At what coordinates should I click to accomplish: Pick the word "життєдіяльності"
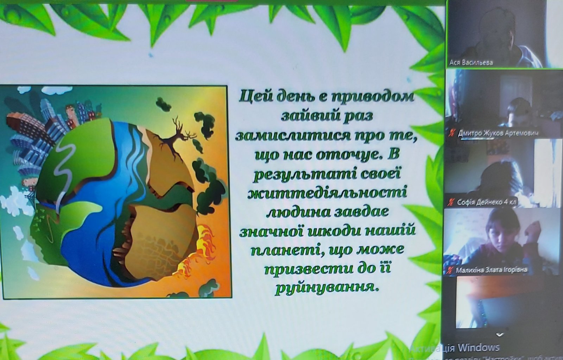327,194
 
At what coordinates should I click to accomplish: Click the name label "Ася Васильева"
471,62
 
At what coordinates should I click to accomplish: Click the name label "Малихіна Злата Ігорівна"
491,270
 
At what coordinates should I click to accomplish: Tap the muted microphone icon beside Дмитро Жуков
452,133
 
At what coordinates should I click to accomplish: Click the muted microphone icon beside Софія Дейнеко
451,202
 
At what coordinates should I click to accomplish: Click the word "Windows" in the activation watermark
479,348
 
